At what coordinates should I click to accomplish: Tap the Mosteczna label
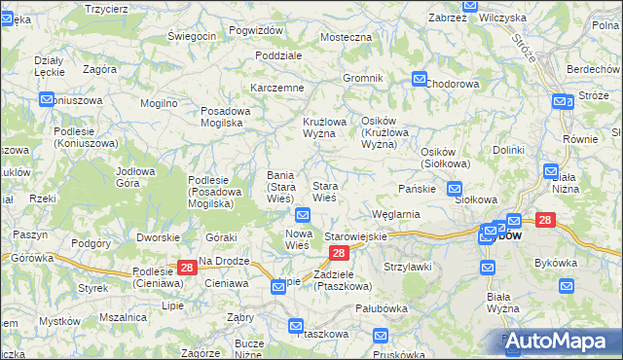347,37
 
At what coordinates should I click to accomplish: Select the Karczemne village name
277,88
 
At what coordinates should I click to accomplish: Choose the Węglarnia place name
395,214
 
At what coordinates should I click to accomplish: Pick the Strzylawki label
408,266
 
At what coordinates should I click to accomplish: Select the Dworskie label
158,236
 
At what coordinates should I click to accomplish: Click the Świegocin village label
191,36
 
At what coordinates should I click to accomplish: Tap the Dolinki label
508,150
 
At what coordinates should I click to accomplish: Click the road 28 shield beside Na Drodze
188,268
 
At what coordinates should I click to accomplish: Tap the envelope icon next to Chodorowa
420,80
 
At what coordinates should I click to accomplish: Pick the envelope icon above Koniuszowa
47,99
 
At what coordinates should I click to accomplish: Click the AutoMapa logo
556,341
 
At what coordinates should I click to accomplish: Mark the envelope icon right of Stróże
561,101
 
